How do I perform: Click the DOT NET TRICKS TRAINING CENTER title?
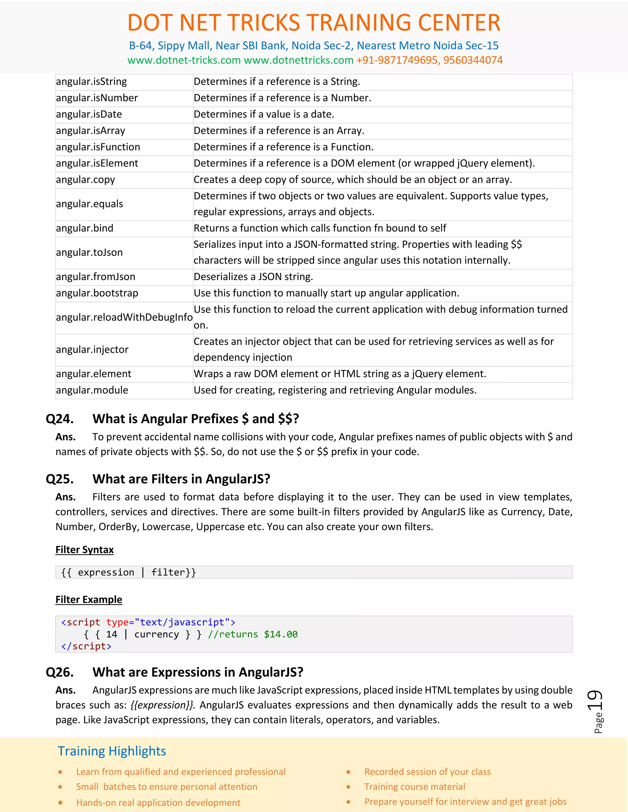click(x=314, y=23)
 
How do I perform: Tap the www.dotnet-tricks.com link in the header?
click(x=184, y=60)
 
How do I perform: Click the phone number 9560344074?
click(x=473, y=60)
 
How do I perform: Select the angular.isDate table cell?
click(x=89, y=115)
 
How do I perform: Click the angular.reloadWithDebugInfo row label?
click(x=124, y=317)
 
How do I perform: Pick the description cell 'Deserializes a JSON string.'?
click(x=253, y=277)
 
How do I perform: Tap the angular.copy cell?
click(x=86, y=180)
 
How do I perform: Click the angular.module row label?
click(x=92, y=390)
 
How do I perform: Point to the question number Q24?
click(x=59, y=419)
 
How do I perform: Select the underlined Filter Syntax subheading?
click(x=84, y=550)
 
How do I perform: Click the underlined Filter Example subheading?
click(x=89, y=600)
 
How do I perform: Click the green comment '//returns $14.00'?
click(x=253, y=635)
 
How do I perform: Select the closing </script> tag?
click(x=86, y=647)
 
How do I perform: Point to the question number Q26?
click(x=59, y=673)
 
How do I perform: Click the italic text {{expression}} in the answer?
click(x=162, y=705)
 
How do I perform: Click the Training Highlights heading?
click(x=112, y=751)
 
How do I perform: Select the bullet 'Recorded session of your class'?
click(x=427, y=772)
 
